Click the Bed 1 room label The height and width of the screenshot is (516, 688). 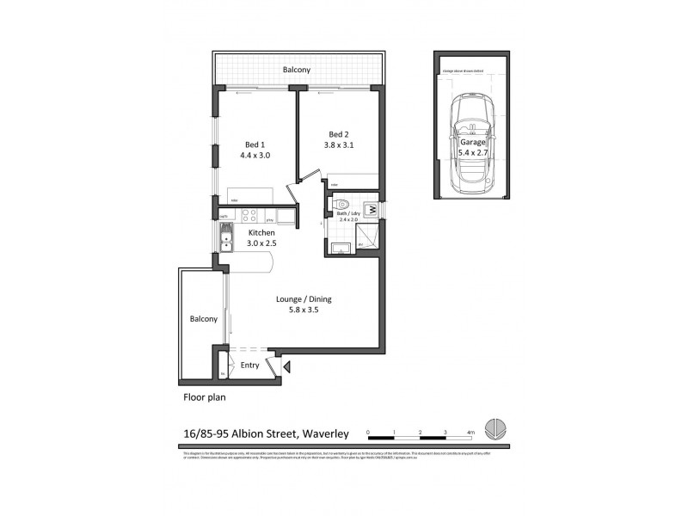(x=253, y=144)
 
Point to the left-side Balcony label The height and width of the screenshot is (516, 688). (x=203, y=318)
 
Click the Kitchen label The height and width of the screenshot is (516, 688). (x=261, y=233)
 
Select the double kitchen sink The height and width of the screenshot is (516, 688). (x=225, y=236)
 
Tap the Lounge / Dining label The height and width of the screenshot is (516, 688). (x=304, y=299)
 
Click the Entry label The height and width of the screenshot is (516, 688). (x=249, y=365)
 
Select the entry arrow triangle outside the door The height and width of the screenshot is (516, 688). (x=287, y=367)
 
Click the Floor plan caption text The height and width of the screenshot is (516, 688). (x=204, y=398)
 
